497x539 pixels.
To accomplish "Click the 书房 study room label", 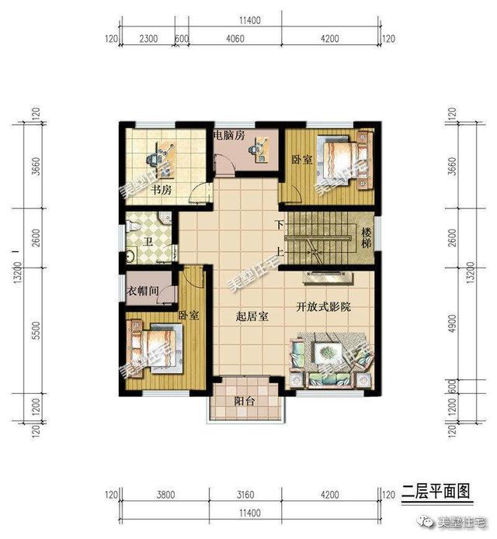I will tap(161, 189).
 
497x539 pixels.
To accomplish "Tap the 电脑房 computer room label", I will tap(229, 136).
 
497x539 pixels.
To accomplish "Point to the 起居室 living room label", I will tap(252, 316).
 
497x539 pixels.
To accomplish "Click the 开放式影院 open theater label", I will tap(323, 306).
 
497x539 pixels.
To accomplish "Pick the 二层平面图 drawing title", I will tap(436, 490).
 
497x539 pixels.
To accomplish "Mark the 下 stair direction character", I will tap(278, 225).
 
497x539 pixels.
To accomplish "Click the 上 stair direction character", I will tap(278, 250).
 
